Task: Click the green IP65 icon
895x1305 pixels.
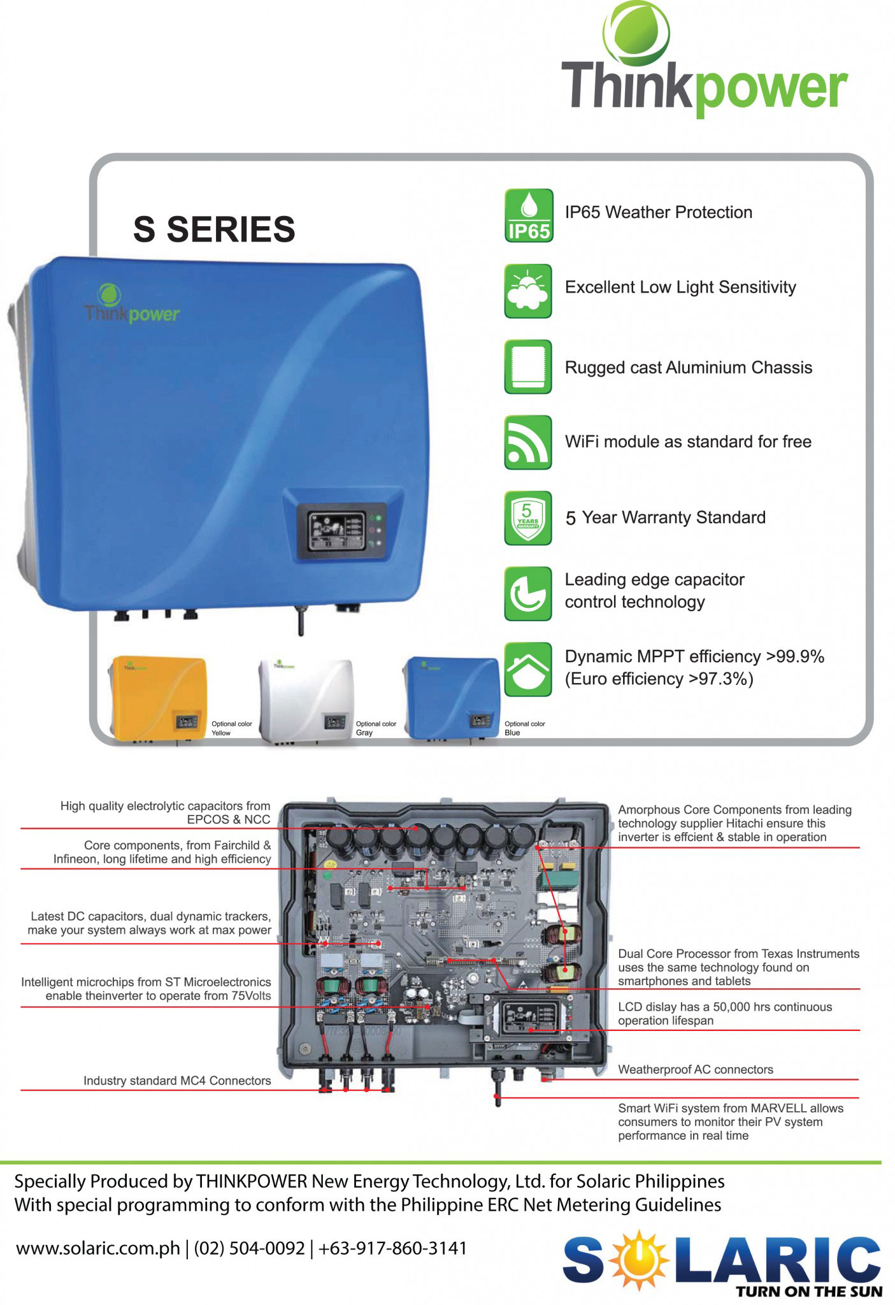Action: [528, 215]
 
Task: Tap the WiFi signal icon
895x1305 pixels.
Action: [528, 442]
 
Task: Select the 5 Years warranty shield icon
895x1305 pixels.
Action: [528, 517]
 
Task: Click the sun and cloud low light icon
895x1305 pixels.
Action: [528, 291]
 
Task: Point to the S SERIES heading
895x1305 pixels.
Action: [214, 229]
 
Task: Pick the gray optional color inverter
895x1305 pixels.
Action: [306, 700]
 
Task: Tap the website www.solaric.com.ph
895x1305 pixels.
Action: [98, 1248]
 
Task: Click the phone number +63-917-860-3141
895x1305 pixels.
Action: [392, 1248]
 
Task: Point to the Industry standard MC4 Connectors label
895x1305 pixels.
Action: [177, 1081]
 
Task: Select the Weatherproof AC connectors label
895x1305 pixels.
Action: [696, 1069]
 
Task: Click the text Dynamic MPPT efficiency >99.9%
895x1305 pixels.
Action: [694, 656]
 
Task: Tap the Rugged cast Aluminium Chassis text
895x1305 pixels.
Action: [689, 368]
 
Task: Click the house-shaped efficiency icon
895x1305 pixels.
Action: [528, 669]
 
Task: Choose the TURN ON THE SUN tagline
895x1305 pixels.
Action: [809, 1291]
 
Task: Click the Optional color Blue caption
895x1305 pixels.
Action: [524, 728]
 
